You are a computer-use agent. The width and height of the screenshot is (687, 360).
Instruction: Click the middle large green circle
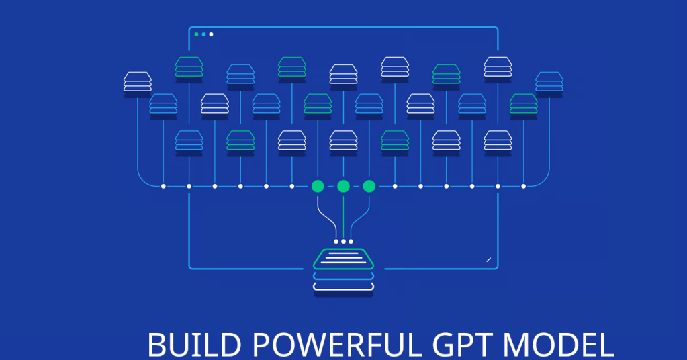[x=343, y=186]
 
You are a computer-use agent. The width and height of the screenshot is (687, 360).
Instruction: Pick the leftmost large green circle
[x=318, y=186]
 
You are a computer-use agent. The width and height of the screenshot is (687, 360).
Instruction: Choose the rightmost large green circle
[x=369, y=186]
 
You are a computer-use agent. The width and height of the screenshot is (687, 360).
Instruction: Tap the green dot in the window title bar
[x=196, y=34]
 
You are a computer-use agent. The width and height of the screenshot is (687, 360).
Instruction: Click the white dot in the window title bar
[x=211, y=34]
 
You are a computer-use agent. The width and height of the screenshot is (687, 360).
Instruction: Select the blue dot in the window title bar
[x=203, y=34]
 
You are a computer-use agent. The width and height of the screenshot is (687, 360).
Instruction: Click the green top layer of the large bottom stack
[x=343, y=259]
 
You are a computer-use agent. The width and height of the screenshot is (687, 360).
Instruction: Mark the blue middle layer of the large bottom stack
[x=343, y=275]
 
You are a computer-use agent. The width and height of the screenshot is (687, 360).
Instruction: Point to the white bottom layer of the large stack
[x=343, y=287]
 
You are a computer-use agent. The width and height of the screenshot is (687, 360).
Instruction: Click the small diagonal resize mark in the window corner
[x=488, y=259]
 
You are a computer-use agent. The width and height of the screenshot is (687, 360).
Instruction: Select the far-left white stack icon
[x=138, y=81]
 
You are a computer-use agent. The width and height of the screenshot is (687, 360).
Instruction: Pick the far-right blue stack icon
[x=549, y=81]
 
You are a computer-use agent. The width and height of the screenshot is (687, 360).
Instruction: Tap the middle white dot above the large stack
[x=343, y=241]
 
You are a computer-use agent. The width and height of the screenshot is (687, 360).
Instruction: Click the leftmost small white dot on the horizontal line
[x=163, y=186]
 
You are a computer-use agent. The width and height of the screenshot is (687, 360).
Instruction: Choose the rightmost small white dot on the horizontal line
[x=523, y=186]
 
